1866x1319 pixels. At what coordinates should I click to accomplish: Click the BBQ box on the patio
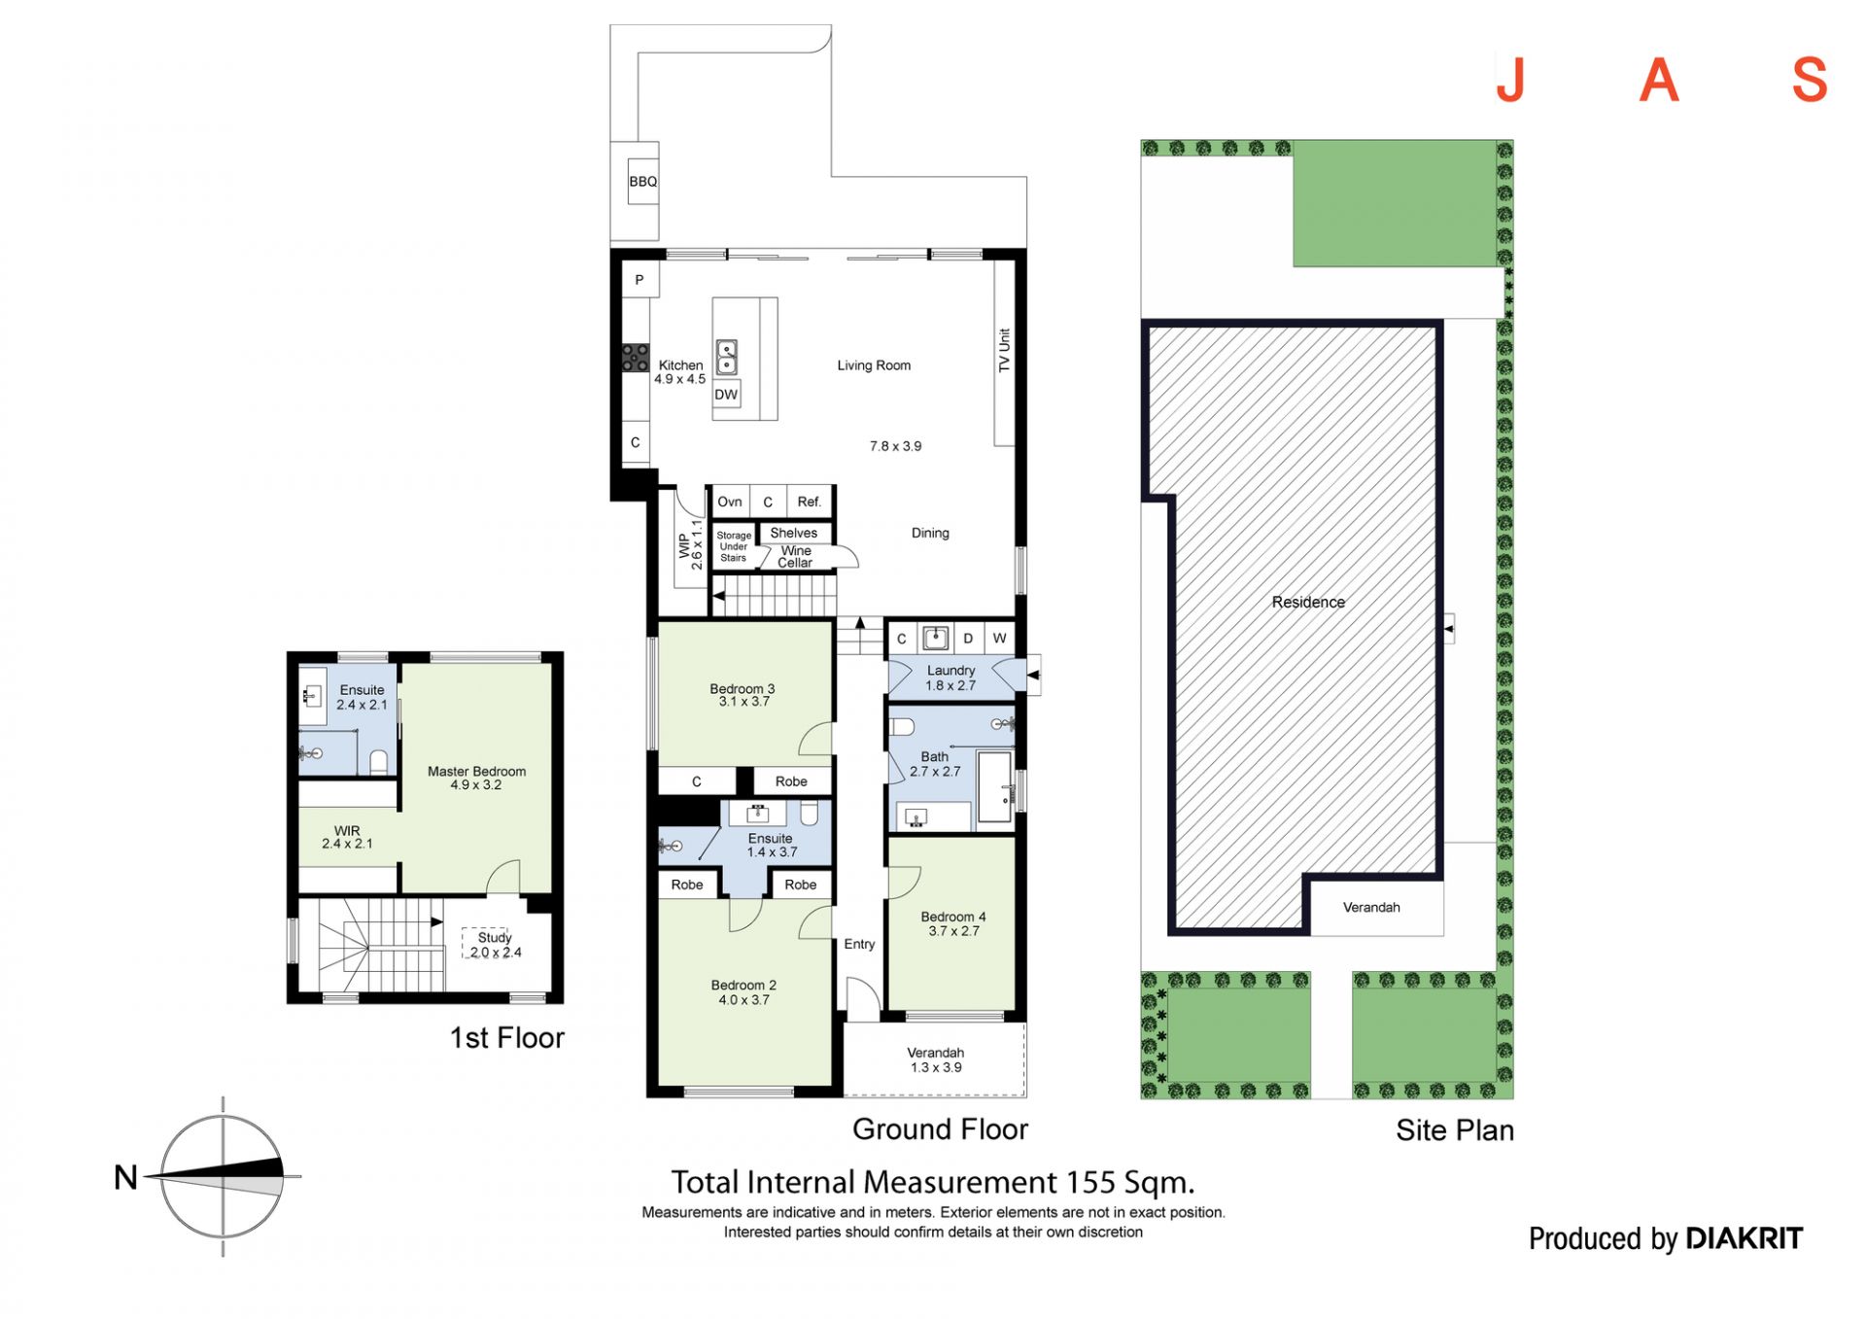(x=642, y=182)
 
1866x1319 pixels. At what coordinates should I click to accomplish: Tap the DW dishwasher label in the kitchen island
(x=726, y=395)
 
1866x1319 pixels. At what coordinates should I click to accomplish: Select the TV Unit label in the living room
(x=1004, y=350)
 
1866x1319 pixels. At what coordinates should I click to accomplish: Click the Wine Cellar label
(x=795, y=557)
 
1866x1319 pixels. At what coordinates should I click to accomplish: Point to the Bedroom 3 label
(x=743, y=689)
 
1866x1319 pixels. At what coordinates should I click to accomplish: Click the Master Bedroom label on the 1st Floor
(x=476, y=772)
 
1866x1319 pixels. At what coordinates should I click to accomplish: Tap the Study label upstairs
(x=495, y=938)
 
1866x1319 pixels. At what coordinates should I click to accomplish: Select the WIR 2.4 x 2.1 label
(x=347, y=837)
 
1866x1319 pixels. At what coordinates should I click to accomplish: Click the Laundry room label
(x=950, y=671)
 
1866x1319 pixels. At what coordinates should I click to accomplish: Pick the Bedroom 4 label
(x=953, y=917)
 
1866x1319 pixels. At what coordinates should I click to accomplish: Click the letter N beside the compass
(x=125, y=1177)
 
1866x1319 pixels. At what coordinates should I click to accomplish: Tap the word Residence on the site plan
(x=1308, y=602)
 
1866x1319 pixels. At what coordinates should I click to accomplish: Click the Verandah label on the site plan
(x=1371, y=907)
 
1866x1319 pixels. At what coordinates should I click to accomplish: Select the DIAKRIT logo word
(x=1744, y=1238)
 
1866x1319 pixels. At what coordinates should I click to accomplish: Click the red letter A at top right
(x=1659, y=80)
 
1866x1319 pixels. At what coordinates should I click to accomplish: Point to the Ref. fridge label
(x=809, y=502)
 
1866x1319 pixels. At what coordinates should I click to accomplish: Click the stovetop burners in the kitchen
(x=636, y=358)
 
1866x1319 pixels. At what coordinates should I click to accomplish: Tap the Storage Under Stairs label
(x=734, y=546)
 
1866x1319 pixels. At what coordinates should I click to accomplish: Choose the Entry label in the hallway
(x=859, y=944)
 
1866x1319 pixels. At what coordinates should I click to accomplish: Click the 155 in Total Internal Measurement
(x=1090, y=1183)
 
